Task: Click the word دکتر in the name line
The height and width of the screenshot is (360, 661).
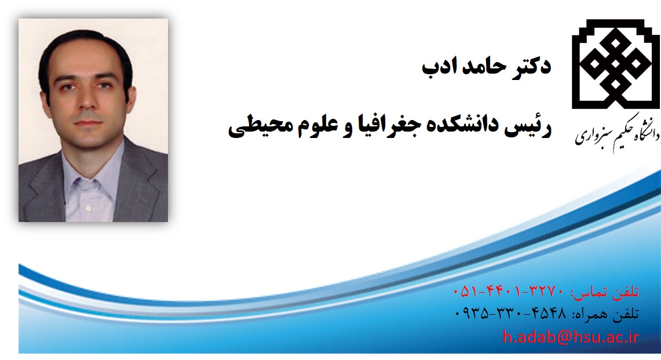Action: [531, 66]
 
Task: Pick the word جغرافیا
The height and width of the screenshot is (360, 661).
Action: [384, 125]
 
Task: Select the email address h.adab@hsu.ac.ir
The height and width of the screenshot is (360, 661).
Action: [571, 337]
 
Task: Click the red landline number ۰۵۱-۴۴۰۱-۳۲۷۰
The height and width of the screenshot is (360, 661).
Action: [508, 291]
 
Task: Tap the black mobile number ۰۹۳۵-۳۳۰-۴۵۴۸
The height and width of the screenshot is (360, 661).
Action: [510, 313]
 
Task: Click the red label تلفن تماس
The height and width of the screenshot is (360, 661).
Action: [606, 292]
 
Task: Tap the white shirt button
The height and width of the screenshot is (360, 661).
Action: [88, 208]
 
